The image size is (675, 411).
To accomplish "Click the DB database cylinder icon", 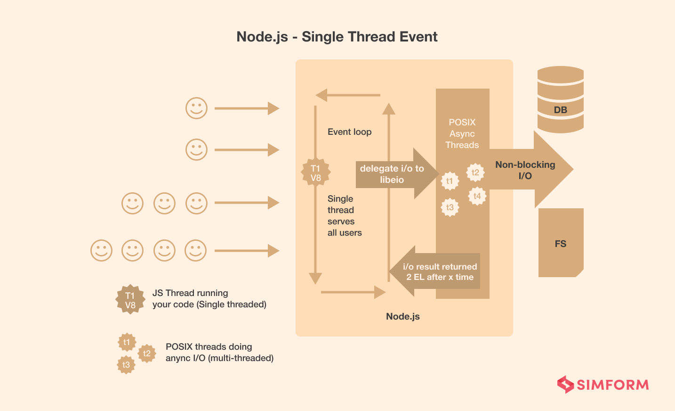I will coord(560,99).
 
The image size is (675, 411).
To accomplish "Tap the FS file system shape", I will coord(560,243).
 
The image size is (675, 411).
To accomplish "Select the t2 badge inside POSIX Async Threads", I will coord(475,173).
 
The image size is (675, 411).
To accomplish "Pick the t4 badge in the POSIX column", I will coord(477,196).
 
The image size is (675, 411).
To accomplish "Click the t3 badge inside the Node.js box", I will coord(450,207).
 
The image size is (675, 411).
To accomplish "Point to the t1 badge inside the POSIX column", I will coord(450,181).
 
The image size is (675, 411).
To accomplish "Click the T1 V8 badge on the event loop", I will coord(315,173).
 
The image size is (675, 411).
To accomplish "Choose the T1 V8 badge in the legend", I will coord(130,300).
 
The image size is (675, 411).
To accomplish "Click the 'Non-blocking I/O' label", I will coord(525,170).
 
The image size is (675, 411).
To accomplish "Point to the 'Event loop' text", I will coord(349,132).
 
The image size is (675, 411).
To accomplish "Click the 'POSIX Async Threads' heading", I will coord(462,133).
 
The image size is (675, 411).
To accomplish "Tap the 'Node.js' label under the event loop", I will coord(402,316).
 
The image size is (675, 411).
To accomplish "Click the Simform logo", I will coord(603,385).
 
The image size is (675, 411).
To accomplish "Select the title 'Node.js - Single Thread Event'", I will coord(337,37).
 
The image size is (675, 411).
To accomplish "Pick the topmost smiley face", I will coord(196,108).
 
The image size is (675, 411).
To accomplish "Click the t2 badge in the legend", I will coord(147,353).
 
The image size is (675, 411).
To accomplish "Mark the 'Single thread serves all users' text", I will coord(344,216).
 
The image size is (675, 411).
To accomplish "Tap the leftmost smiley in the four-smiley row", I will coord(101,250).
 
